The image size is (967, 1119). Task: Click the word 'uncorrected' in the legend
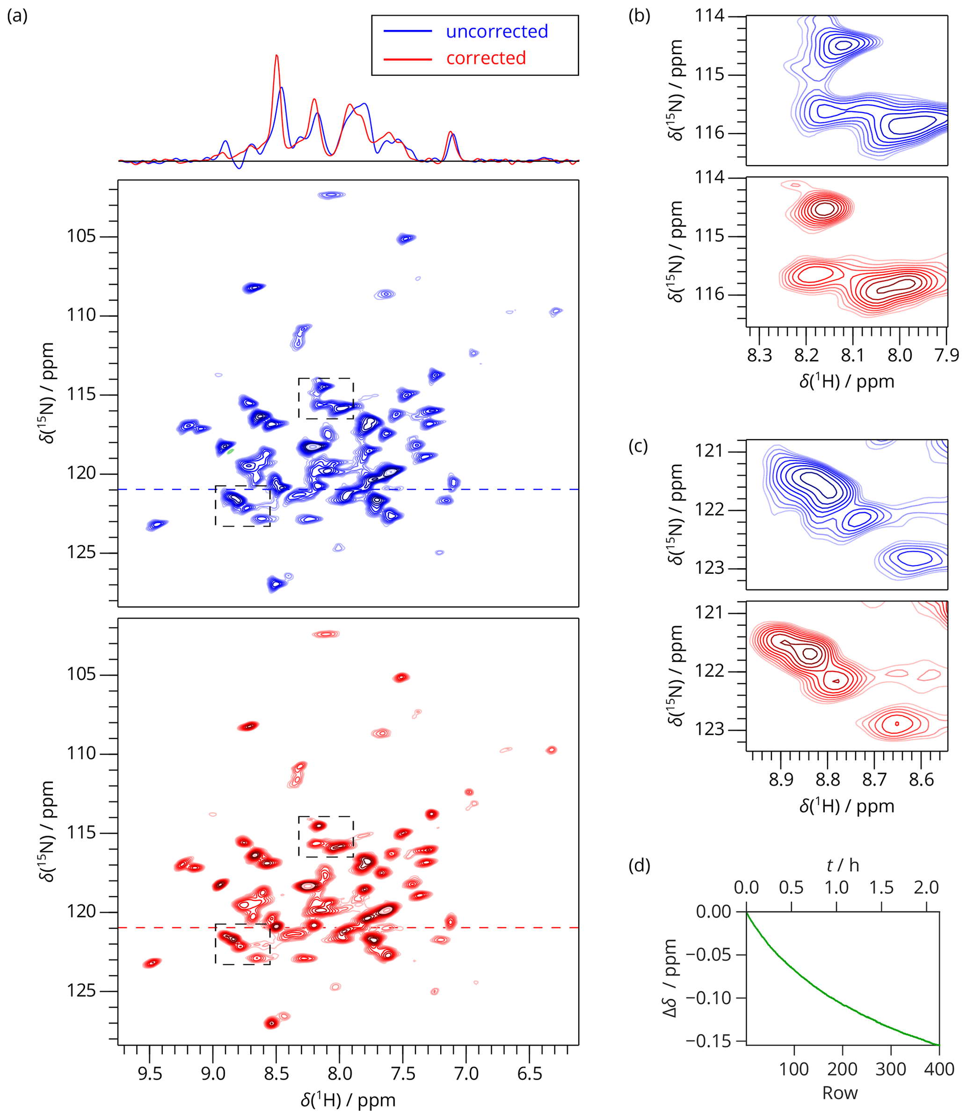[496, 31]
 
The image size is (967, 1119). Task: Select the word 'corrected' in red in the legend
[486, 58]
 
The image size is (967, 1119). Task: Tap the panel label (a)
[17, 16]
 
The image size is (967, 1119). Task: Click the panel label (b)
[639, 16]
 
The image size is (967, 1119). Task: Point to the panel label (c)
[638, 446]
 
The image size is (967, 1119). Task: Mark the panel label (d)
[639, 865]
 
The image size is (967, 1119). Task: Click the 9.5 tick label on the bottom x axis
[150, 1074]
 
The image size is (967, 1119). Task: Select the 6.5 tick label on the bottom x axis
[530, 1074]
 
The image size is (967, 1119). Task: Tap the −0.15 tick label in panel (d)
[708, 1041]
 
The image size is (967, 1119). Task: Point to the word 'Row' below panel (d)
[839, 1093]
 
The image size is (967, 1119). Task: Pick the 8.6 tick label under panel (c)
[921, 780]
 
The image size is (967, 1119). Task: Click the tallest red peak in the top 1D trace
[276, 56]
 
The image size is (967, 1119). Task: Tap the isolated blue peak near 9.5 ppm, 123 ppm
[157, 524]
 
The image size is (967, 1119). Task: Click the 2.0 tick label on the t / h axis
[926, 888]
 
